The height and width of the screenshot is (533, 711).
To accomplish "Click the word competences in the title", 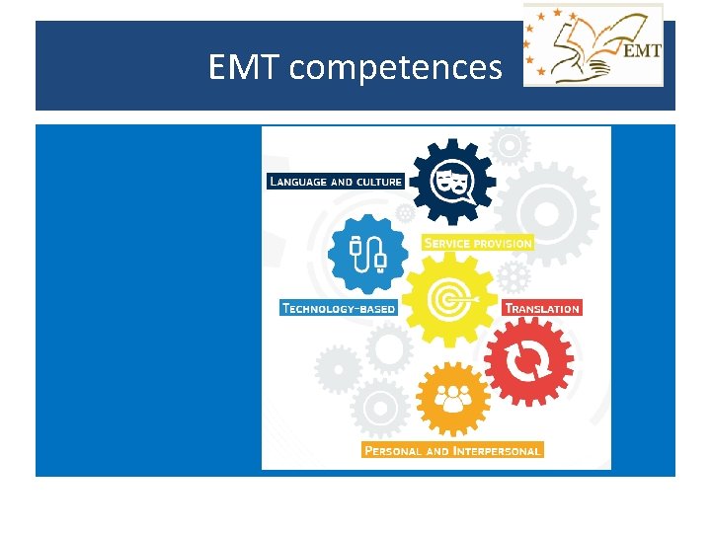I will (396, 68).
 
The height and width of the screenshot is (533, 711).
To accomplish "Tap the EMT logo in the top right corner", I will (593, 45).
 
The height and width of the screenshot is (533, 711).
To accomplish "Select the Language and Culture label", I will (336, 181).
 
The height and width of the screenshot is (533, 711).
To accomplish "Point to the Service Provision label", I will (477, 242).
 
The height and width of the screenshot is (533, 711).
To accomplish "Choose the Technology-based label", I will (339, 308).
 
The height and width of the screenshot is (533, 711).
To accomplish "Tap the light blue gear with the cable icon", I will (367, 255).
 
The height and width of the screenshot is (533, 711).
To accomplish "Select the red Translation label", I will (542, 308).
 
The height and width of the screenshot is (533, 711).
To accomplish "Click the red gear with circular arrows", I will (528, 359).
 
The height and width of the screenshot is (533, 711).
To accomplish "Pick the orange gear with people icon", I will (453, 399).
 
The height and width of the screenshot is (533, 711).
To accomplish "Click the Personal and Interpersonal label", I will (452, 450).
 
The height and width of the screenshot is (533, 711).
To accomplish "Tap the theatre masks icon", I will (449, 181).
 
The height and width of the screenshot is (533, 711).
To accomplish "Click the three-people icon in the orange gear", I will (453, 399).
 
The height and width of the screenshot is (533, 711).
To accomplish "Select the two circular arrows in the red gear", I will (528, 359).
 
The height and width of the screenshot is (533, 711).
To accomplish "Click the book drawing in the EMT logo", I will (578, 44).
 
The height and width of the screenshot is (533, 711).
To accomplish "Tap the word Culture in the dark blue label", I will (379, 181).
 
